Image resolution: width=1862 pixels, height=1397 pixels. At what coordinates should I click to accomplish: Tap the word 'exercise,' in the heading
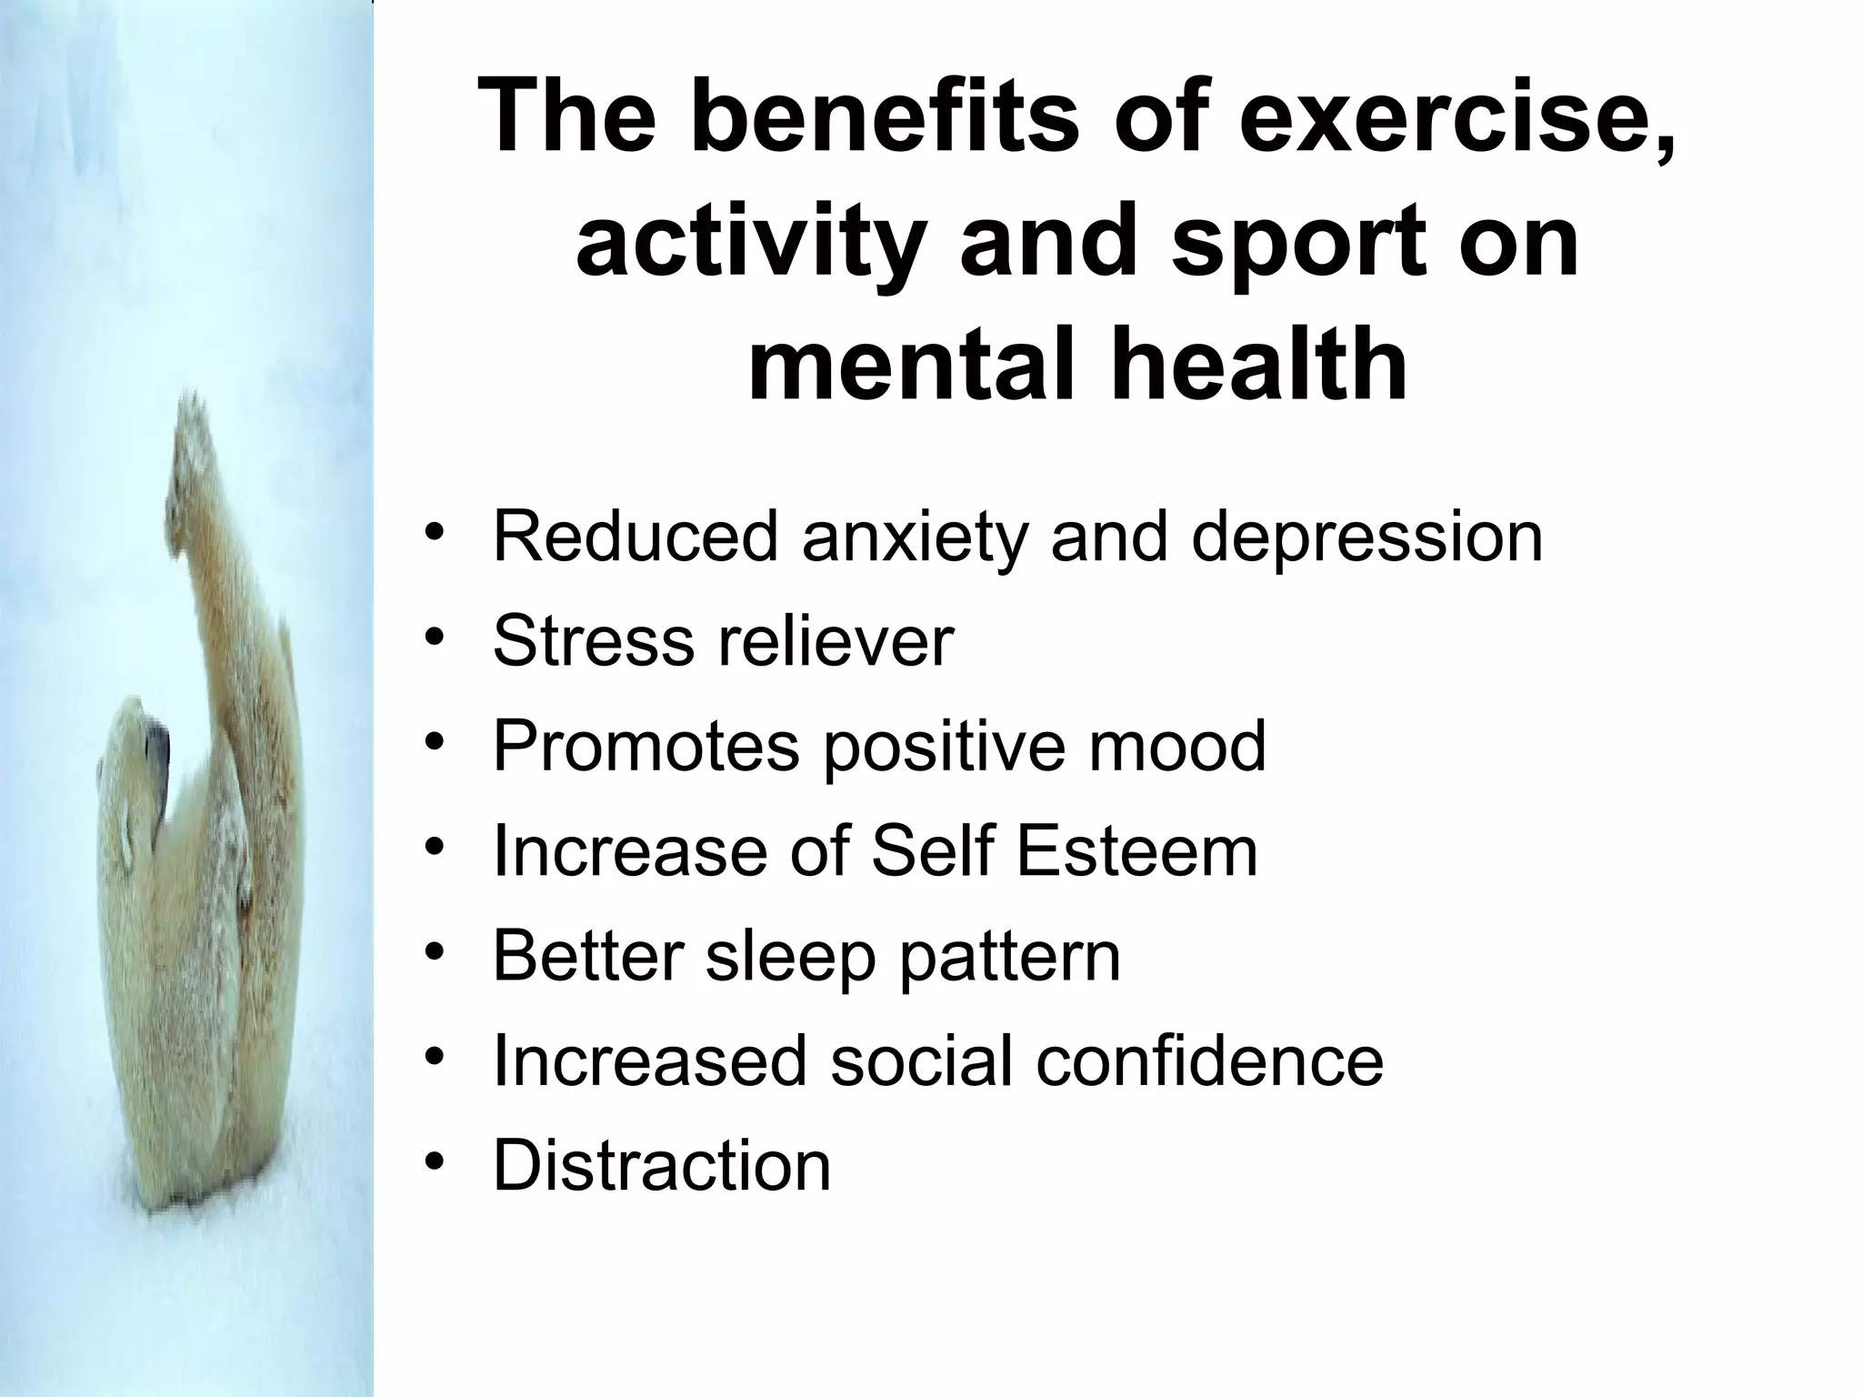[x=1456, y=118]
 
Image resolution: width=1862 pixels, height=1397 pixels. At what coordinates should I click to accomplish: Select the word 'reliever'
[x=836, y=641]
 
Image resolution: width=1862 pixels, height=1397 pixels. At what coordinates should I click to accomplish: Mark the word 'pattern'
[x=1010, y=956]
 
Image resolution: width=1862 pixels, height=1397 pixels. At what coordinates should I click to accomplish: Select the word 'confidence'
[x=1209, y=1060]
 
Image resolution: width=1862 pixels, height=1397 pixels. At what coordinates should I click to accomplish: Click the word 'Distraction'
[x=661, y=1165]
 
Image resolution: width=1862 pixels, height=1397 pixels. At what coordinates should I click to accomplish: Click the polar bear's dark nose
[x=160, y=746]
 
